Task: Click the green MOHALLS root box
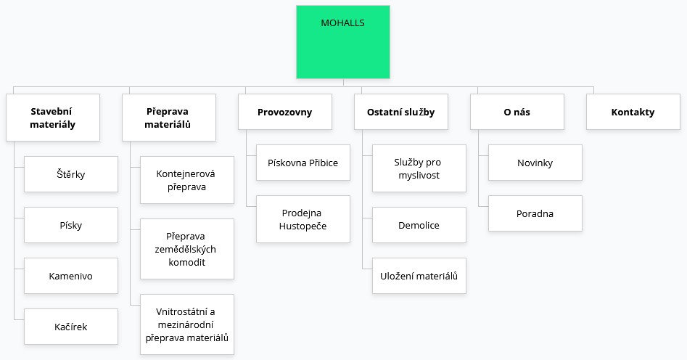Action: [x=343, y=42]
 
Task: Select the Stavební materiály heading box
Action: [x=53, y=118]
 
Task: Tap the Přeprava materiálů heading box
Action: [x=169, y=118]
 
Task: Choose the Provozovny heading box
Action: [x=285, y=112]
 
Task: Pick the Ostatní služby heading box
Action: [x=401, y=112]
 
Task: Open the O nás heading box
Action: [x=517, y=112]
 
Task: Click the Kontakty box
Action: [x=633, y=112]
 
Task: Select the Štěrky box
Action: [x=71, y=174]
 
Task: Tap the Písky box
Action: [x=71, y=225]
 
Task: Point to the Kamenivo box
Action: [x=71, y=276]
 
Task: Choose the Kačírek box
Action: [x=71, y=327]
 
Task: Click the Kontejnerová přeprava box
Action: [x=187, y=180]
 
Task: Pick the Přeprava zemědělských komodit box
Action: [x=187, y=249]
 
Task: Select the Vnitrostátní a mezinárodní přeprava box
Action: [x=187, y=324]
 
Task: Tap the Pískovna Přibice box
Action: [x=303, y=163]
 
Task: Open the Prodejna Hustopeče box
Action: [x=303, y=219]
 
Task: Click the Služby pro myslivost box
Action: [x=419, y=168]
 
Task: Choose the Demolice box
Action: [x=419, y=225]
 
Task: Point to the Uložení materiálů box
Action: [x=419, y=276]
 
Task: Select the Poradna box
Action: [x=535, y=213]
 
